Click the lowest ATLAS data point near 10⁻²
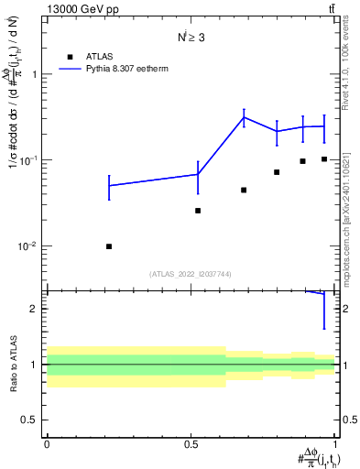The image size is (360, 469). coord(109,246)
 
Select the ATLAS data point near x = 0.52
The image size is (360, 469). coord(198,211)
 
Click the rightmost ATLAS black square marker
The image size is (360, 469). coord(324,158)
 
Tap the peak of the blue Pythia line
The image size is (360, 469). coord(244,117)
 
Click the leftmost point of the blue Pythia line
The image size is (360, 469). coord(109,186)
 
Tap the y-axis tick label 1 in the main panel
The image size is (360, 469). coord(36,75)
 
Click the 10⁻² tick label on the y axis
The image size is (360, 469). coord(29,246)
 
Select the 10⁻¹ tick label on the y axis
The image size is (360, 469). coord(29,160)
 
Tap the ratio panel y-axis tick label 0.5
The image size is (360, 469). coord(31,420)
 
